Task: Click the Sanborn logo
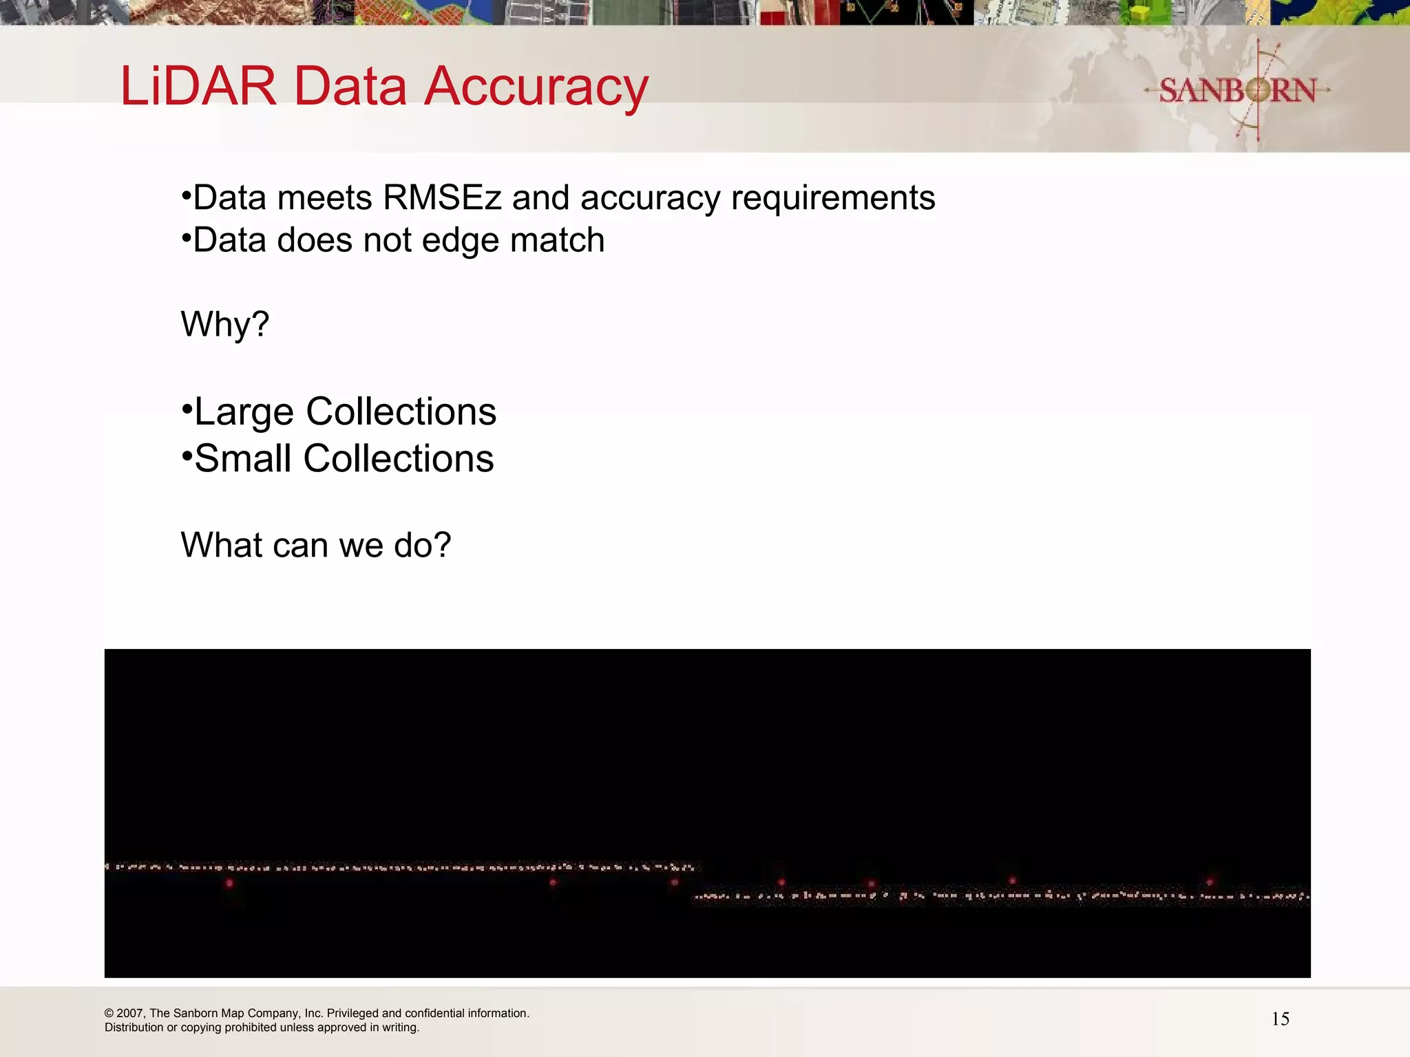[1237, 90]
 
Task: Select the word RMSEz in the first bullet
[443, 198]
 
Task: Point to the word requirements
[833, 198]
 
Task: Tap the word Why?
[225, 324]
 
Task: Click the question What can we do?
[316, 545]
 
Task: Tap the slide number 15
[1280, 1019]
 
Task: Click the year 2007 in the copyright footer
[130, 1014]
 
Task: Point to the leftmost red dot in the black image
[230, 883]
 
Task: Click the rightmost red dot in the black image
[1210, 882]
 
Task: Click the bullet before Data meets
[185, 196]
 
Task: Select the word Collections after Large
[401, 412]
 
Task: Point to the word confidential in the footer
[434, 1014]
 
